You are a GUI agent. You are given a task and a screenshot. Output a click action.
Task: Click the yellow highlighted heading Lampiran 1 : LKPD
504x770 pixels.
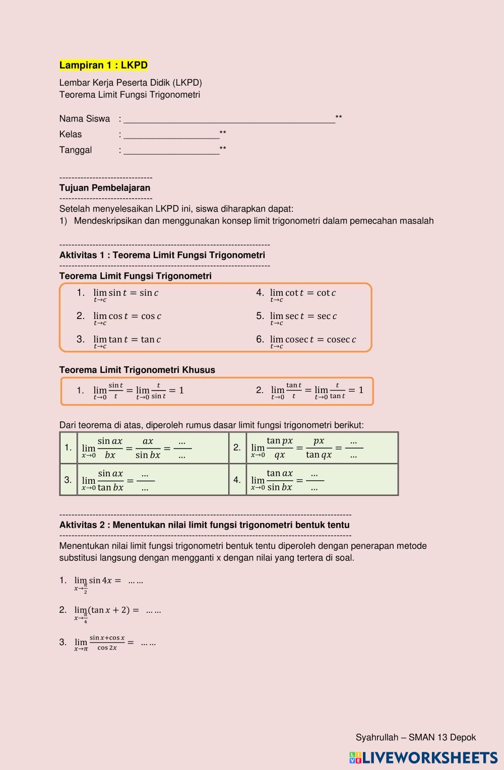click(103, 65)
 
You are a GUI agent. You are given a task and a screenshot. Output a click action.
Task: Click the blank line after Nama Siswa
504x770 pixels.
click(229, 119)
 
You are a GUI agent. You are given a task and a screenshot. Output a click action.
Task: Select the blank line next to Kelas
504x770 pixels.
click(171, 135)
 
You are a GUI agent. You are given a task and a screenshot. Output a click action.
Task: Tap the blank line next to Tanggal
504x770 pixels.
click(171, 150)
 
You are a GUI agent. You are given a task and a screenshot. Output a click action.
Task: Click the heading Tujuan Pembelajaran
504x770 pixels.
click(105, 188)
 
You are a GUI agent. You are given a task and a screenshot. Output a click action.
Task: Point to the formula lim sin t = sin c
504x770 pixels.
click(126, 293)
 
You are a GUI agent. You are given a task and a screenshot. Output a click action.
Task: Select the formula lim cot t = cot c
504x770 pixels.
click(303, 293)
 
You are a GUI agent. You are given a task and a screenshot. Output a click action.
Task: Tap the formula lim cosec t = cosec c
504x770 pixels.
click(313, 340)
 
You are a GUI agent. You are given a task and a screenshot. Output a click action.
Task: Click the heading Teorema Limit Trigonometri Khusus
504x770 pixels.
click(137, 370)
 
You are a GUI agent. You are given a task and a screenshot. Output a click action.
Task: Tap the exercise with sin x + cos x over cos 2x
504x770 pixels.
click(106, 643)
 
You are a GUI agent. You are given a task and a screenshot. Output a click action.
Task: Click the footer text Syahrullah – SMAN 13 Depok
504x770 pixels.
click(415, 738)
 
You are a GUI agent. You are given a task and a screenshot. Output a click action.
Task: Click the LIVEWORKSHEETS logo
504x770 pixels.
click(423, 758)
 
